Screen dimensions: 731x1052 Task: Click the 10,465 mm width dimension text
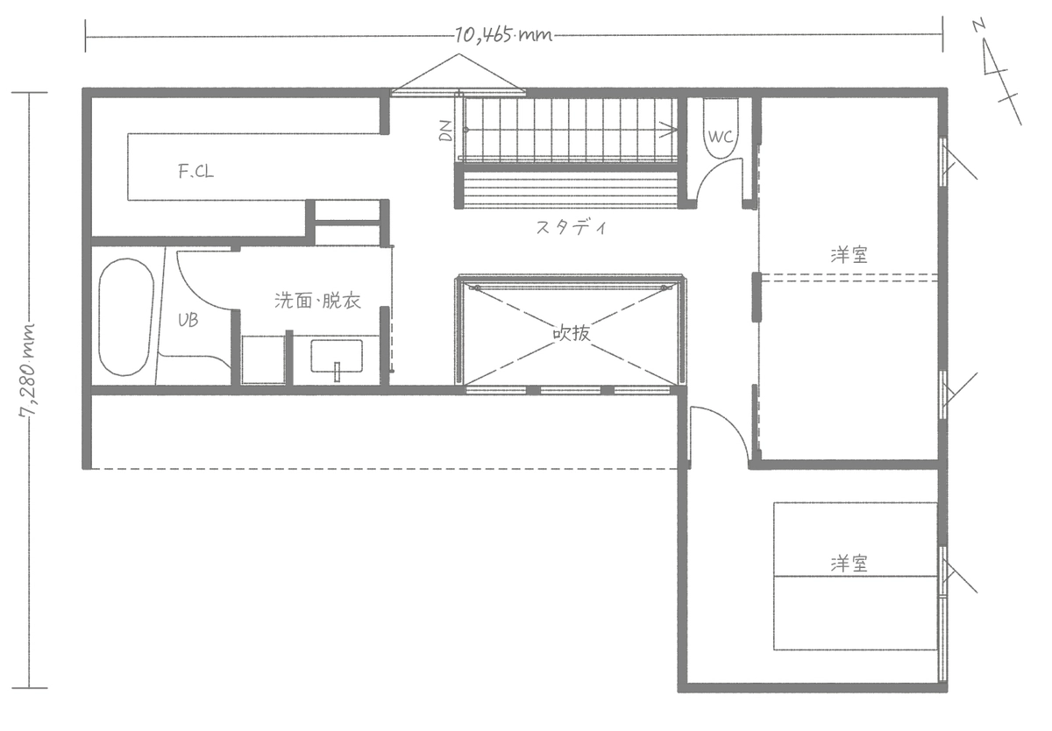502,36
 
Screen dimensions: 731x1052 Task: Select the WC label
720,137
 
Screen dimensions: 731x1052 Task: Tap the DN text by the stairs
445,131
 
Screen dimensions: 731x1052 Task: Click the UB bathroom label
188,321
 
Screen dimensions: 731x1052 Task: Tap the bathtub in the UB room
124,316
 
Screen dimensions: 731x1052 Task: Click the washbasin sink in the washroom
336,358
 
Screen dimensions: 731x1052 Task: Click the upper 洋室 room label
849,255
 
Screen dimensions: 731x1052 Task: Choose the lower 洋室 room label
849,564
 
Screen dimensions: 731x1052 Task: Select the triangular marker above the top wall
458,74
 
